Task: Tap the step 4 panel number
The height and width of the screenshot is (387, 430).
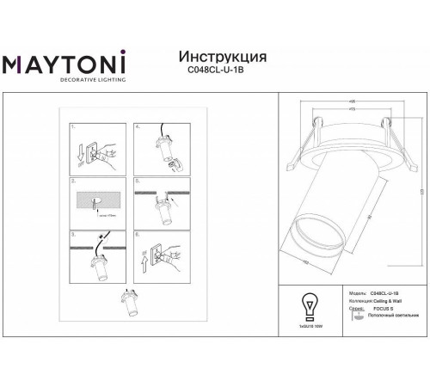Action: point(138,126)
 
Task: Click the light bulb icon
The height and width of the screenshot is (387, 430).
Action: point(308,308)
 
